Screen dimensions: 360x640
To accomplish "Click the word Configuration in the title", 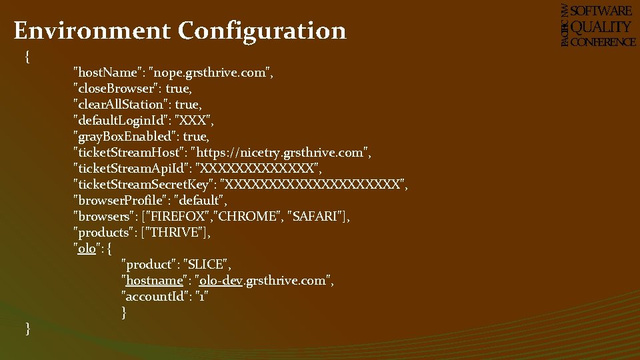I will click(262, 31).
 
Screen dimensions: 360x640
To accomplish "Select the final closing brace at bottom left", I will click(27, 328).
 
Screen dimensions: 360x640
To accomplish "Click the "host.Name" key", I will click(111, 72).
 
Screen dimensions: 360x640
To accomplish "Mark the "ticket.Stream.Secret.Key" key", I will click(143, 185).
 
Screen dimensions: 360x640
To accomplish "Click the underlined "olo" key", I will click(87, 249).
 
